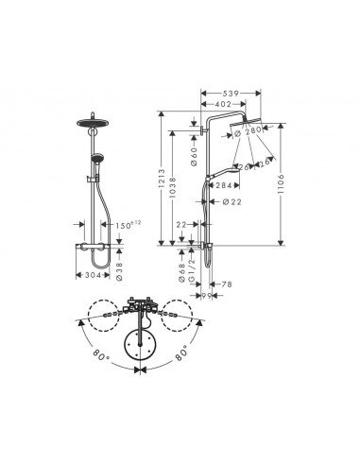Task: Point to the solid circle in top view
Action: tap(141, 347)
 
